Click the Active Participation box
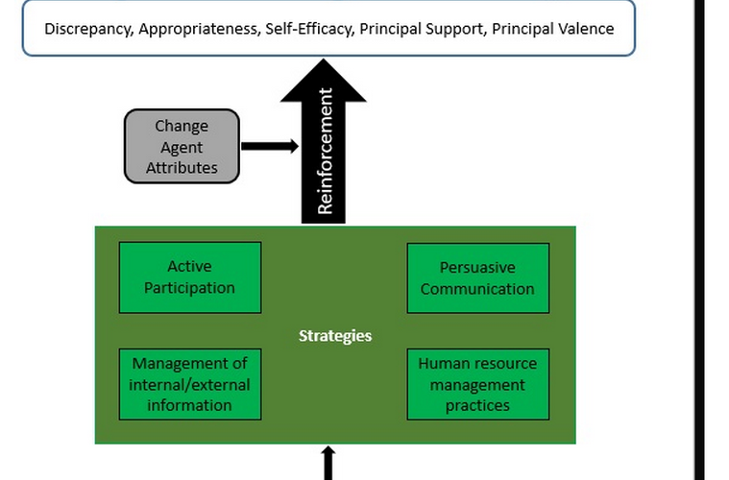(189, 276)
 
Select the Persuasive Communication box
(477, 277)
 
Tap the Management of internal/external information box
(189, 384)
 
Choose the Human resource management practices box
(477, 384)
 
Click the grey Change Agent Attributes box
(182, 146)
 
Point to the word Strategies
(334, 336)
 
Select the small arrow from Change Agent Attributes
(270, 146)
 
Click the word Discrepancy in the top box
(88, 28)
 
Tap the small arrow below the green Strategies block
(328, 462)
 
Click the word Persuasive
(477, 268)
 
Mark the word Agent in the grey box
(182, 147)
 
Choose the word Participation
(189, 287)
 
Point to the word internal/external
(189, 384)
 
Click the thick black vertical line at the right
(700, 240)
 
